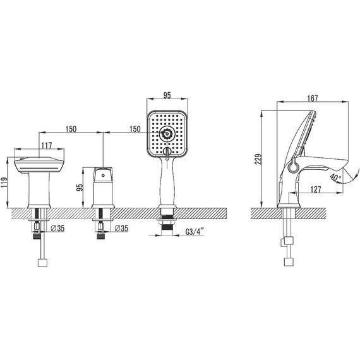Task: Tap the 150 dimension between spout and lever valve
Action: (70, 129)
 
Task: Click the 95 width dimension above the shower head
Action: (167, 97)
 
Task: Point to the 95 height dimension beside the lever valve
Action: (79, 187)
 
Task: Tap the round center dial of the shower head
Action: (167, 133)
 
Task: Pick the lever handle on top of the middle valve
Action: (103, 173)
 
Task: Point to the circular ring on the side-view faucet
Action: (292, 167)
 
